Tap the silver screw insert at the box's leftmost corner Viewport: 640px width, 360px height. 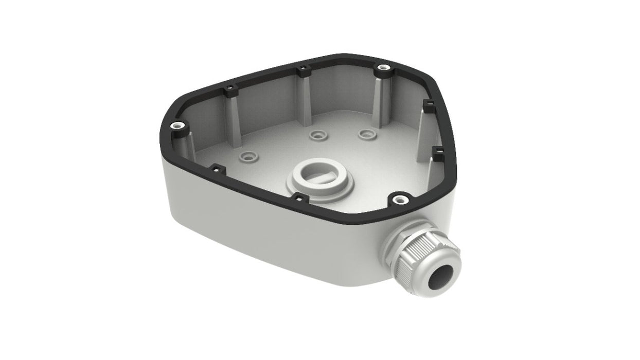[x=177, y=125]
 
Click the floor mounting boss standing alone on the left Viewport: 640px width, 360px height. [x=249, y=155]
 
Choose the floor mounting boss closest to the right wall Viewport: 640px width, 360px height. [x=366, y=134]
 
